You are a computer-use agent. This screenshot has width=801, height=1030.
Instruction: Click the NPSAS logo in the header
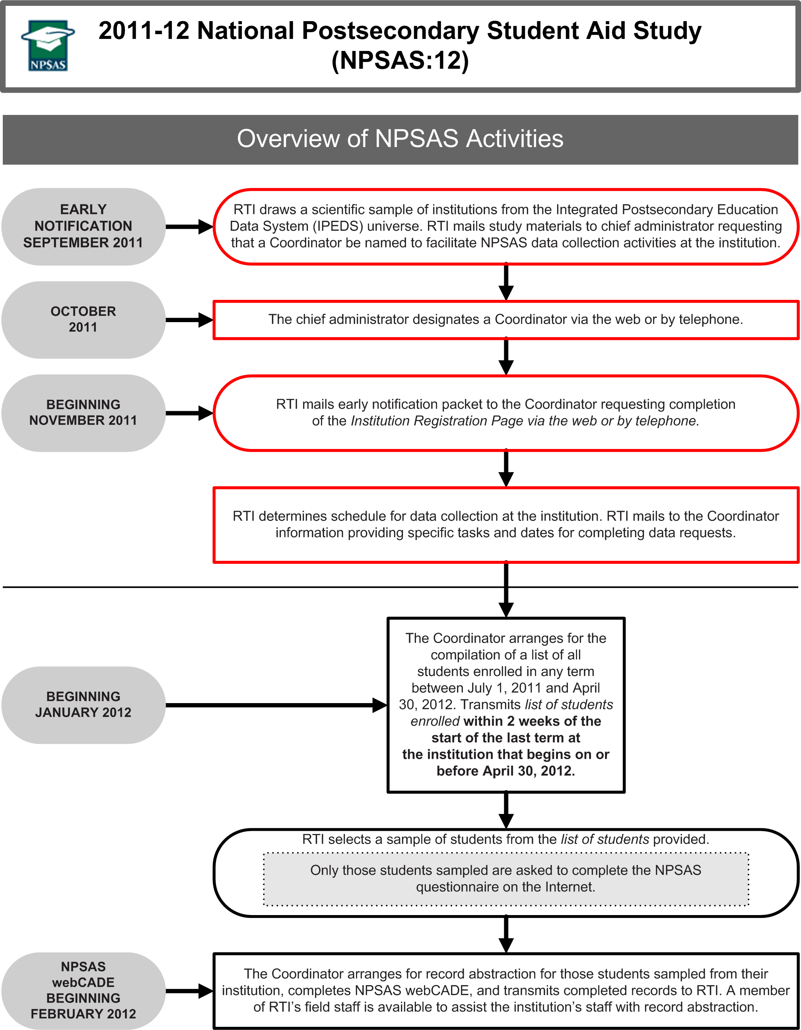pyautogui.click(x=47, y=46)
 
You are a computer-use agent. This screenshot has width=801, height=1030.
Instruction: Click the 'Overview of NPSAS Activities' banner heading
pyautogui.click(x=400, y=139)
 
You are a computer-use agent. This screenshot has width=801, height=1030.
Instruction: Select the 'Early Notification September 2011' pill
pyautogui.click(x=83, y=226)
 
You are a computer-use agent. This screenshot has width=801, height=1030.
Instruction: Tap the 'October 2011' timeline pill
pyautogui.click(x=83, y=320)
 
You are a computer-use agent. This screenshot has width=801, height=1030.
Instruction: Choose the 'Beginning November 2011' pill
pyautogui.click(x=83, y=413)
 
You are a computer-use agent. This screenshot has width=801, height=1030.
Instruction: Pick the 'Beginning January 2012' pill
pyautogui.click(x=83, y=705)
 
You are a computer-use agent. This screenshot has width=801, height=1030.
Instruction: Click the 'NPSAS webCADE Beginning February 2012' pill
pyautogui.click(x=83, y=990)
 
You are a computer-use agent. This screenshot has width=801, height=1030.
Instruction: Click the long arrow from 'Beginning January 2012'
pyautogui.click(x=276, y=705)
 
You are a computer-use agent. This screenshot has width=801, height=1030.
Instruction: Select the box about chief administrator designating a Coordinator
pyautogui.click(x=506, y=320)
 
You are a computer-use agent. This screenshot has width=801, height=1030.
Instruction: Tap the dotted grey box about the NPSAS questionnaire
pyautogui.click(x=506, y=878)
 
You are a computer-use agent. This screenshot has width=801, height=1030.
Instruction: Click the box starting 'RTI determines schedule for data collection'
pyautogui.click(x=506, y=525)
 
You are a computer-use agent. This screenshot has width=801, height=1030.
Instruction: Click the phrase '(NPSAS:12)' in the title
pyautogui.click(x=400, y=60)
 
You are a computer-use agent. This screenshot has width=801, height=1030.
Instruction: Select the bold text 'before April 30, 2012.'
pyautogui.click(x=506, y=771)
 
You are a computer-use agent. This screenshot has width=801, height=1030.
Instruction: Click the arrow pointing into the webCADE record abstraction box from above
pyautogui.click(x=506, y=935)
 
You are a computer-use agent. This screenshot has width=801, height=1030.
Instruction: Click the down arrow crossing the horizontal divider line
pyautogui.click(x=506, y=589)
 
